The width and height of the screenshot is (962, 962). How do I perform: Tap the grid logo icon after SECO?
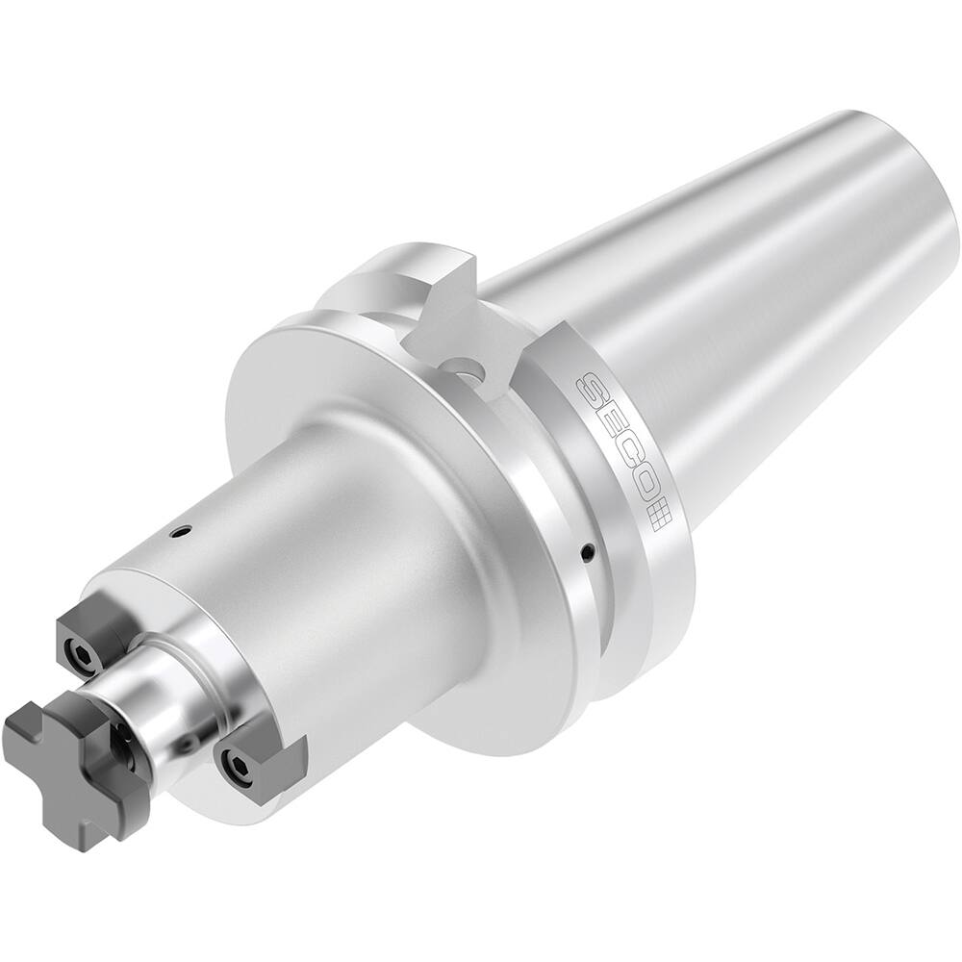(656, 516)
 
